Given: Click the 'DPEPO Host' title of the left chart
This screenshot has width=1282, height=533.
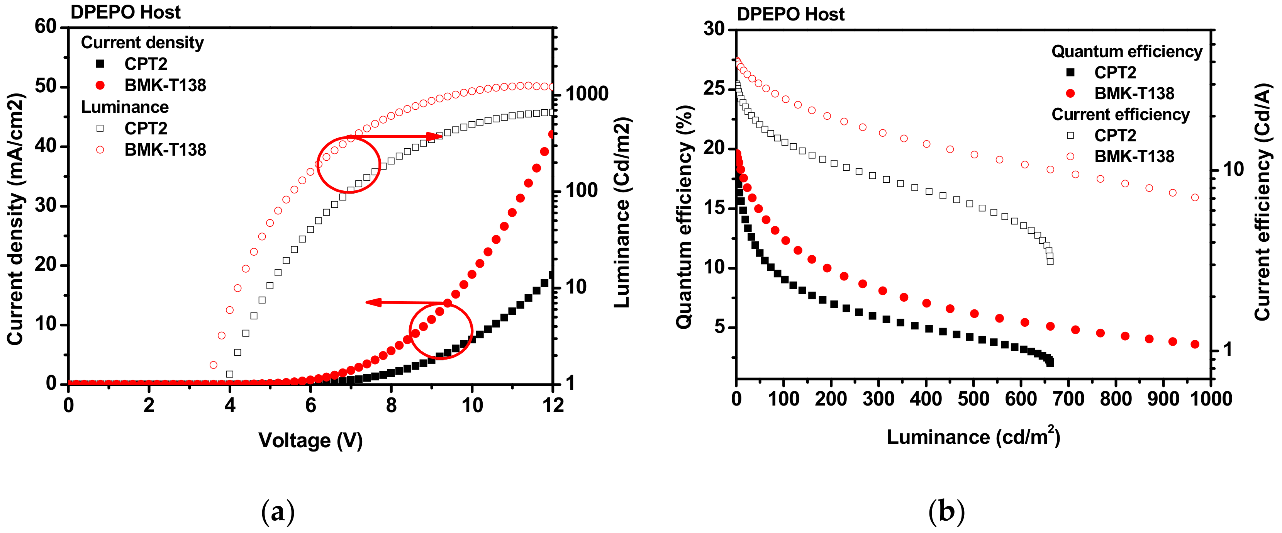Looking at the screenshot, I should [x=125, y=12].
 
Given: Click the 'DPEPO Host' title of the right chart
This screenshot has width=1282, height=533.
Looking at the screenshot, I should [x=790, y=14].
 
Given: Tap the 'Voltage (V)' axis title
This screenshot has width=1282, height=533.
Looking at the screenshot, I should [x=310, y=440].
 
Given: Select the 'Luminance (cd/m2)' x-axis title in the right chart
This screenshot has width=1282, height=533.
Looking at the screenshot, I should [x=973, y=436].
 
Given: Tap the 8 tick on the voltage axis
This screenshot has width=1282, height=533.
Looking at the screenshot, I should [x=391, y=405].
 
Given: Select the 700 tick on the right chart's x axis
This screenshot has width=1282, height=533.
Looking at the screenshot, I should [x=1068, y=399].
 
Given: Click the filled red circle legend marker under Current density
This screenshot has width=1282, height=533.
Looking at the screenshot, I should [x=100, y=85].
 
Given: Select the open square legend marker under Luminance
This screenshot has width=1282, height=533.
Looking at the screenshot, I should [x=100, y=128].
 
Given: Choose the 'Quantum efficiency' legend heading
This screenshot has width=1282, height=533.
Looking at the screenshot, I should [x=1127, y=51].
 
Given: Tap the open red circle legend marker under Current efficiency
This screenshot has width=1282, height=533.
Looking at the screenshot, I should [x=1070, y=156].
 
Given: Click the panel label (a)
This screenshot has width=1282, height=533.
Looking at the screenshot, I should [x=278, y=512].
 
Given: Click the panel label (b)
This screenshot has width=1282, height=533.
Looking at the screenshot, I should [x=946, y=512].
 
